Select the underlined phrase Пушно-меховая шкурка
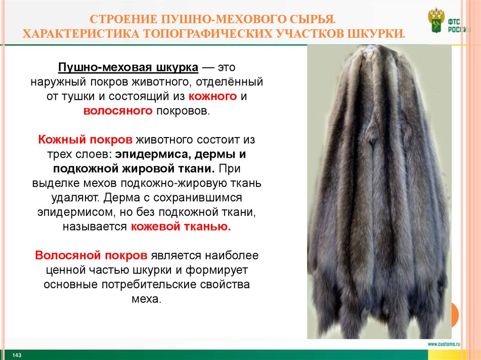(x=128, y=68)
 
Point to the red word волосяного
(x=118, y=111)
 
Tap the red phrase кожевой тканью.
(x=181, y=227)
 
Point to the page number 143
(x=17, y=354)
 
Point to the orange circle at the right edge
(x=455, y=314)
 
